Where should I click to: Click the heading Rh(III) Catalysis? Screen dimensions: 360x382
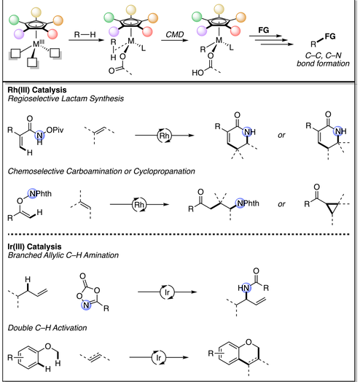(37, 90)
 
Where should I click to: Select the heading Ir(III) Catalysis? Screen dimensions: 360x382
(34, 246)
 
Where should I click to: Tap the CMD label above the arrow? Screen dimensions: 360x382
(175, 34)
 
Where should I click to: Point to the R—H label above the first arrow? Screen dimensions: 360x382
(85, 34)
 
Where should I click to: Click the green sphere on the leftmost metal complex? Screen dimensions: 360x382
(14, 20)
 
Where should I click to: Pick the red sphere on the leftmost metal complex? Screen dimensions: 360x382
(52, 34)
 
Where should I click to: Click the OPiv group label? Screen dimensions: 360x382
(55, 130)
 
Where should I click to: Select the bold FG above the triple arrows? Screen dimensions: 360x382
(264, 30)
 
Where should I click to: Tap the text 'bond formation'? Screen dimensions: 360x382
(323, 63)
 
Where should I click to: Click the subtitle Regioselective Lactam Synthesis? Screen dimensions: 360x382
(66, 98)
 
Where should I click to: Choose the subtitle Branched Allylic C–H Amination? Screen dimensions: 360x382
(63, 255)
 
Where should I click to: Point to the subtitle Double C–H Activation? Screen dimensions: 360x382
(47, 328)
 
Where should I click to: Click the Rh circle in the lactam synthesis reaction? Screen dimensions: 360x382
(165, 136)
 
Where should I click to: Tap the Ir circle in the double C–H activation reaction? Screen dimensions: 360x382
(159, 358)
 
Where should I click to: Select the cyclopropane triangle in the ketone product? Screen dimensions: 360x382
(333, 207)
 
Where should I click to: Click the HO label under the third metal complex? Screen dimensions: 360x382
(197, 73)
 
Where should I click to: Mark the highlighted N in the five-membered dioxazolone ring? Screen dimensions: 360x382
(86, 305)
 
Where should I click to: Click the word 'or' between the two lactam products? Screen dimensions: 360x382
(281, 135)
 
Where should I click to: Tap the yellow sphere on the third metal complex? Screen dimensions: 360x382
(219, 9)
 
